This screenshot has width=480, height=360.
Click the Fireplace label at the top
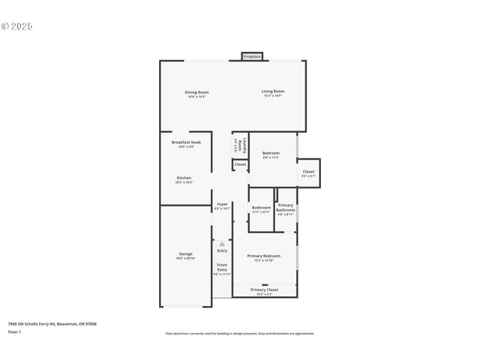pyautogui.click(x=251, y=56)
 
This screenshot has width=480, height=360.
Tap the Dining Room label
pyautogui.click(x=196, y=93)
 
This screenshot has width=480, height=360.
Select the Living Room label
pyautogui.click(x=273, y=92)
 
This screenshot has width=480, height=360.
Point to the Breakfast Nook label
pyautogui.click(x=186, y=142)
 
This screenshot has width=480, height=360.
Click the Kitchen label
pyautogui.click(x=184, y=178)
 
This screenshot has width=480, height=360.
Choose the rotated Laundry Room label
pyautogui.click(x=238, y=144)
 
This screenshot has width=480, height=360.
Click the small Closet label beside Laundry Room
pyautogui.click(x=240, y=164)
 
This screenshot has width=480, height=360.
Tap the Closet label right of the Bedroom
pyautogui.click(x=308, y=172)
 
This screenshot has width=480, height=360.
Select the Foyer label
pyautogui.click(x=222, y=204)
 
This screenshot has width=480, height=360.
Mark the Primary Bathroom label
pyautogui.click(x=286, y=208)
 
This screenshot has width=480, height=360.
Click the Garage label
pyautogui.click(x=185, y=254)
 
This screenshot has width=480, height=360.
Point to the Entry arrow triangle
pyautogui.click(x=222, y=244)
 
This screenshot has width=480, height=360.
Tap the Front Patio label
pyautogui.click(x=222, y=266)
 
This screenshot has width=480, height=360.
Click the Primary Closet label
pyautogui.click(x=264, y=289)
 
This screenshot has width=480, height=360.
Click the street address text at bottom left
pyautogui.click(x=52, y=324)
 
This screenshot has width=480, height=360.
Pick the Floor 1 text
pyautogui.click(x=15, y=331)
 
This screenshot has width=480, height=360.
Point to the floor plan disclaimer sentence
pyautogui.click(x=239, y=334)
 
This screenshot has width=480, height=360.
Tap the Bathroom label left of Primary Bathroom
pyautogui.click(x=261, y=208)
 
